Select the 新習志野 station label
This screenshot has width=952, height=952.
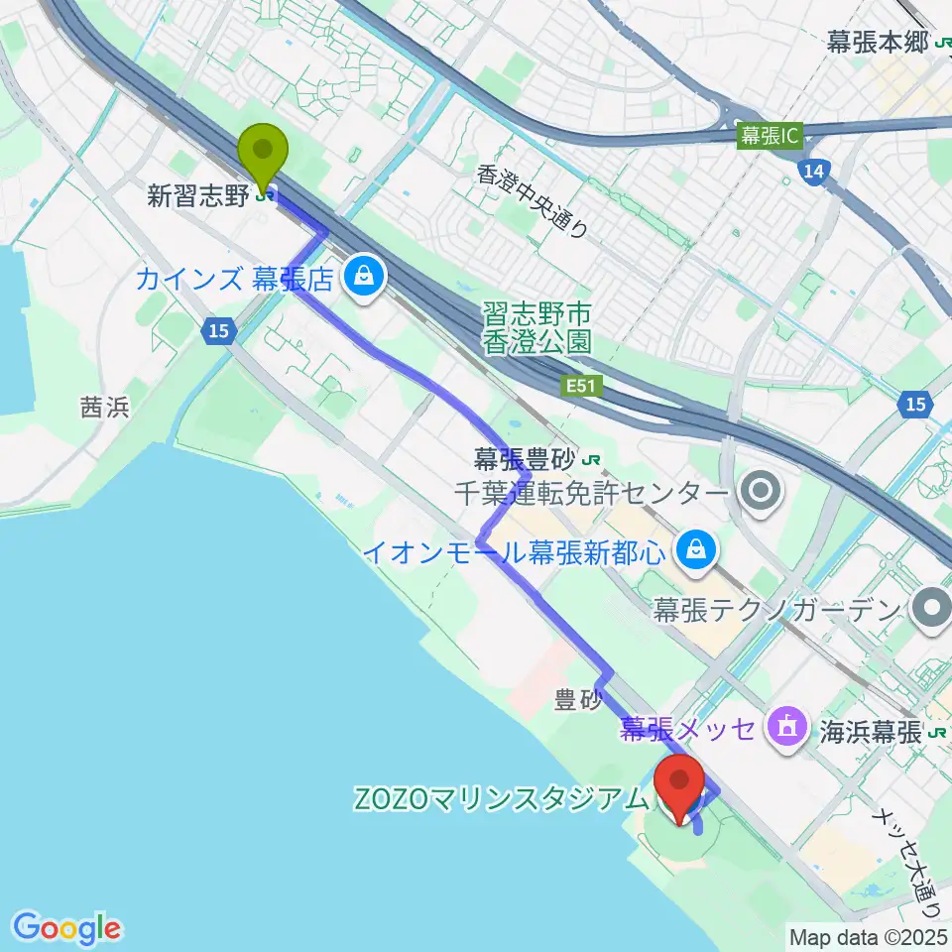(198, 196)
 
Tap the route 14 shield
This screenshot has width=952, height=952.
(812, 174)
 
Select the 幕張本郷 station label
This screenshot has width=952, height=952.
(878, 42)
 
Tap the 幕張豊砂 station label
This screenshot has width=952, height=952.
(527, 459)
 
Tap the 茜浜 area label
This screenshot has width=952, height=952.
(105, 408)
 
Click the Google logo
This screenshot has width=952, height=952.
(67, 927)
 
